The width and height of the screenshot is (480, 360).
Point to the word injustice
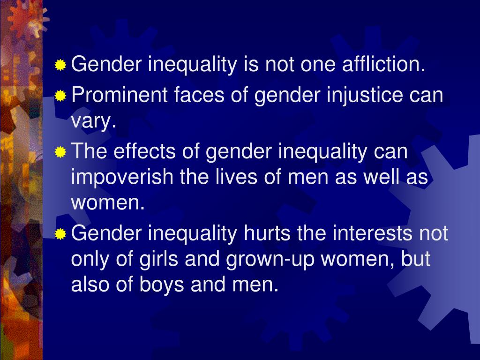click(x=356, y=96)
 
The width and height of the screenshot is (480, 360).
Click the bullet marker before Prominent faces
click(x=60, y=97)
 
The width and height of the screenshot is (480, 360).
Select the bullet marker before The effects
click(x=60, y=152)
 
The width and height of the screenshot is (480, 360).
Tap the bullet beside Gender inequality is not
click(x=60, y=65)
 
